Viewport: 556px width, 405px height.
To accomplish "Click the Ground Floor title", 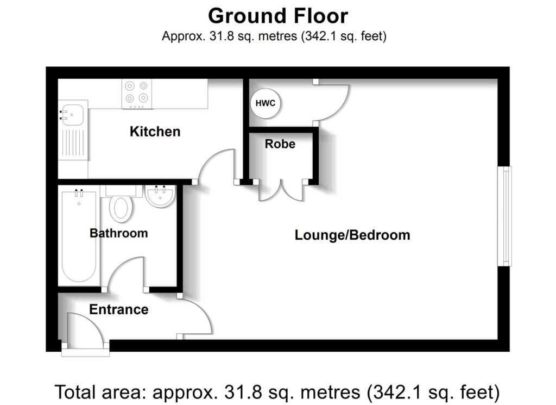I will [277, 16].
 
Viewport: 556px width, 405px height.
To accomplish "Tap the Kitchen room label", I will [155, 132].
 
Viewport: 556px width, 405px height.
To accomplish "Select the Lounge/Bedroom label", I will [352, 235].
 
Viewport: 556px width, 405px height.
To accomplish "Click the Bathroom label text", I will [118, 233].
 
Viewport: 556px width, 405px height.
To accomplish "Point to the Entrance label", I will [118, 309].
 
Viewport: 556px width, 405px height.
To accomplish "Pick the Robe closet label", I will [280, 144].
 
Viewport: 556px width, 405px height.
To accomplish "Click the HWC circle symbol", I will [266, 102].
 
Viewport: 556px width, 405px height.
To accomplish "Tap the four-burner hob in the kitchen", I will [136, 92].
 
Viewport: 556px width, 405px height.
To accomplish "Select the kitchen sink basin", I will [72, 114].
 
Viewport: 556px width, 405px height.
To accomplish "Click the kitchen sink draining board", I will [73, 143].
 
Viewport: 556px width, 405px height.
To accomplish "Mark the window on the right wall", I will [506, 216].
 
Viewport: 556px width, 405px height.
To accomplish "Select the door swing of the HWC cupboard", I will [331, 103].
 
